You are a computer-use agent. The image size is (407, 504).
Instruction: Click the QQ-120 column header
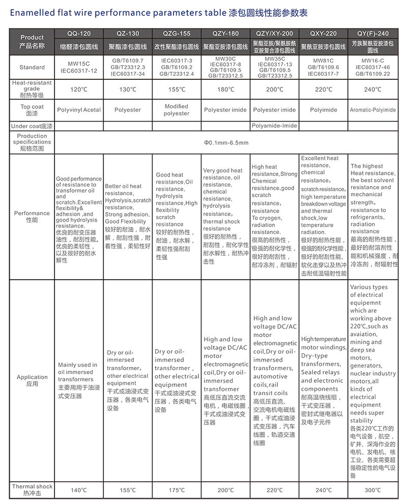(x=79, y=34)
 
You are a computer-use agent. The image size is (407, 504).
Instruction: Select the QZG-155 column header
(x=177, y=34)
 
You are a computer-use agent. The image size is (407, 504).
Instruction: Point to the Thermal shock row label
(x=32, y=490)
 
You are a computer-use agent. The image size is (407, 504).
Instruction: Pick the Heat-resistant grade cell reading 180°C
(x=225, y=90)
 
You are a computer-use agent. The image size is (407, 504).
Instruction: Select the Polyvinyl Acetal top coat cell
(x=79, y=110)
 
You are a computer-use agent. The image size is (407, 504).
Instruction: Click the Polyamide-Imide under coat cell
(x=275, y=126)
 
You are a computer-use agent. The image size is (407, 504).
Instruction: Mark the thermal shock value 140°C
(x=79, y=490)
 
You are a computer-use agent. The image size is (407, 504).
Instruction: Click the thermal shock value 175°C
(x=177, y=490)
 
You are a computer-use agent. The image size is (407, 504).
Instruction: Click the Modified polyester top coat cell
(x=177, y=110)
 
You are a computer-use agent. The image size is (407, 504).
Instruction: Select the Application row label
(x=32, y=380)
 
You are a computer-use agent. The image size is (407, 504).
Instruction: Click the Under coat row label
(x=32, y=126)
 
